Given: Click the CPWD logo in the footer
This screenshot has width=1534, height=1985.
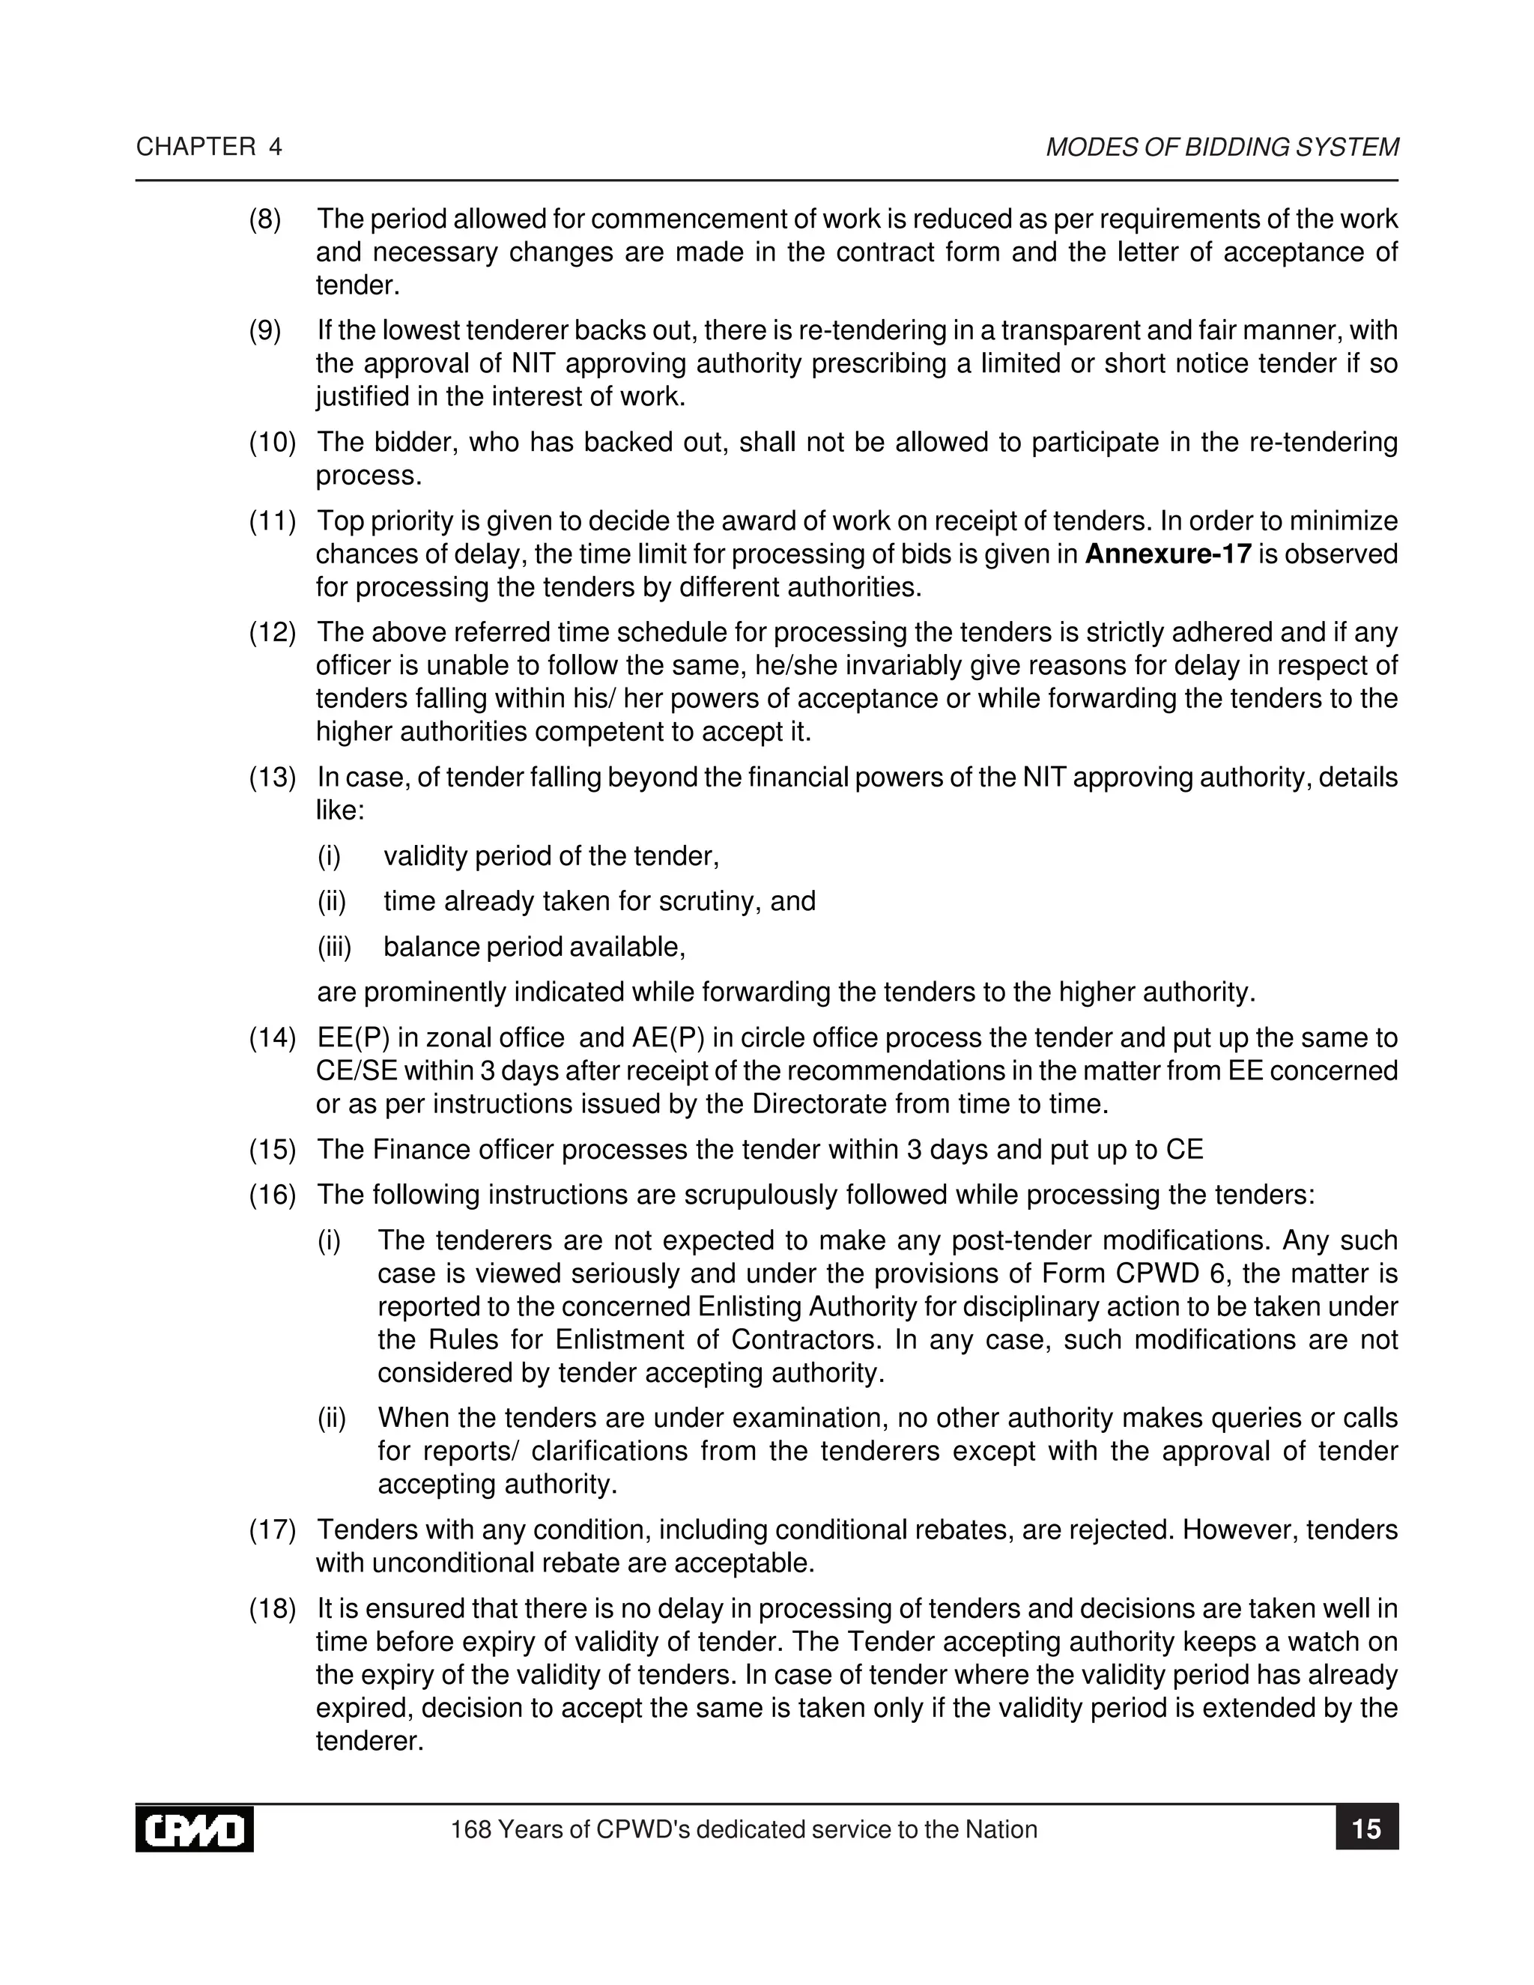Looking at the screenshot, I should pyautogui.click(x=195, y=1830).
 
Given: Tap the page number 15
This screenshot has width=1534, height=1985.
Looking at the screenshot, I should pyautogui.click(x=1366, y=1828).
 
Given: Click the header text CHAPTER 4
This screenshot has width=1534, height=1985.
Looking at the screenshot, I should pyautogui.click(x=209, y=148).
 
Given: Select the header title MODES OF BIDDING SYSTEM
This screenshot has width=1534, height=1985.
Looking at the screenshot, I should pyautogui.click(x=1222, y=148).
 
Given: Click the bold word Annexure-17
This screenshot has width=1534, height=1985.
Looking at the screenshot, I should pyautogui.click(x=1168, y=554).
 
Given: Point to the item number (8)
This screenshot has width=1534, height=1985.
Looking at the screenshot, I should pyautogui.click(x=265, y=219).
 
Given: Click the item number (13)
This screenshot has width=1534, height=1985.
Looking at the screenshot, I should pyautogui.click(x=273, y=778).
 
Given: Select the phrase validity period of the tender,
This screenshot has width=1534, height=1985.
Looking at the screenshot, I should pyautogui.click(x=551, y=856).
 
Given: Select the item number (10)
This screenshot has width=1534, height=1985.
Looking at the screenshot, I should pyautogui.click(x=273, y=443).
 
